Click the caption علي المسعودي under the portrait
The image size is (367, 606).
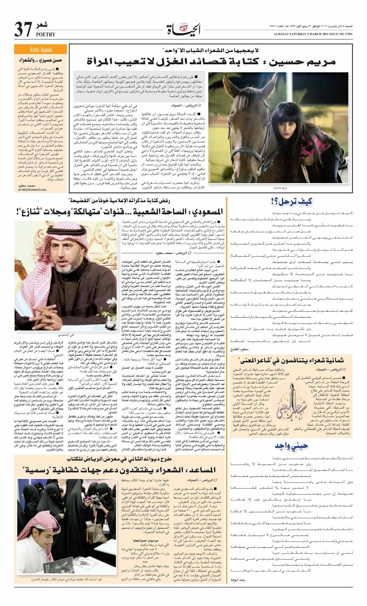tap(66, 335)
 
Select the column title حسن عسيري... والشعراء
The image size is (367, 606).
tap(41, 60)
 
